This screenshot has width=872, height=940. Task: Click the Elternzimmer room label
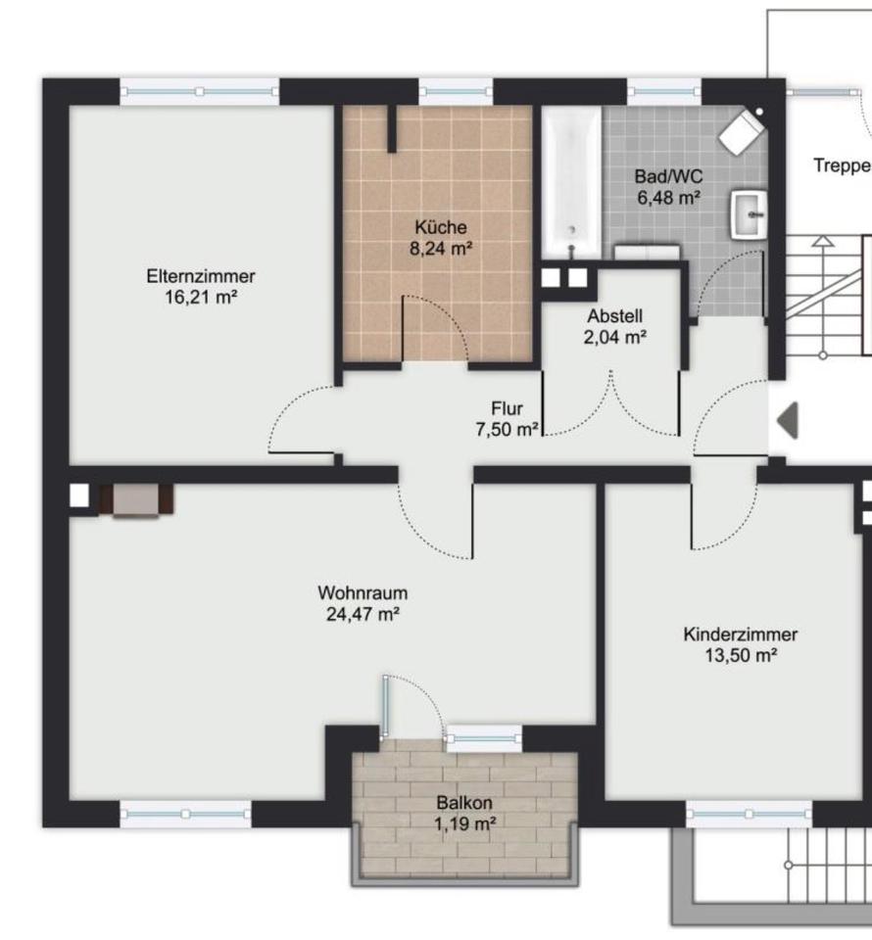pos(201,276)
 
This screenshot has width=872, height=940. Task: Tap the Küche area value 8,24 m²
pos(441,248)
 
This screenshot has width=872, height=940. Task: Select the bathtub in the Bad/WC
pos(571,183)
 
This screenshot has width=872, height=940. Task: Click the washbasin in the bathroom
pos(749,215)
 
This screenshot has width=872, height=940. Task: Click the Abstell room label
pos(614,316)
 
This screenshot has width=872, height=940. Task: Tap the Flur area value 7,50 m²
pos(507,429)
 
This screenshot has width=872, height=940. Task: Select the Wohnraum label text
pos(363,593)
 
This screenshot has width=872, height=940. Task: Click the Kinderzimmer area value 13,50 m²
pos(741,655)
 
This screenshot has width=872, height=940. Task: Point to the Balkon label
pos(464,803)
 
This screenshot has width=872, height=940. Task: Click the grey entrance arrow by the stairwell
pos(788,420)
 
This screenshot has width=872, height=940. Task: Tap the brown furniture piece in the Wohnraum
pos(136,500)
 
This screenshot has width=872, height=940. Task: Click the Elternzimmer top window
pos(200,92)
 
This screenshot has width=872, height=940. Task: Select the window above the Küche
pos(456,92)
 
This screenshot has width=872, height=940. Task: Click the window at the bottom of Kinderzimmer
pos(750,814)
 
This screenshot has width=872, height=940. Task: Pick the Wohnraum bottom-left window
pos(186,814)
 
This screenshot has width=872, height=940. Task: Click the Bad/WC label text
pos(668,177)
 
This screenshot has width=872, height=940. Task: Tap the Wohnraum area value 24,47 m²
pos(363,615)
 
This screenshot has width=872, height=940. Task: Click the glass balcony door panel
pos(385,705)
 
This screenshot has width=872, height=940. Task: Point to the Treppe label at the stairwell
pos(842,165)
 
